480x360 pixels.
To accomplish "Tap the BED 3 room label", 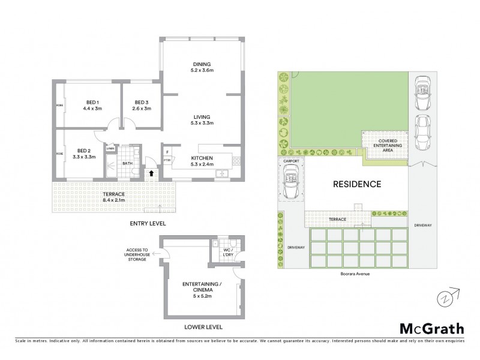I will (x=142, y=102).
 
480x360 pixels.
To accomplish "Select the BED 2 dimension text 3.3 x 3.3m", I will (x=83, y=156).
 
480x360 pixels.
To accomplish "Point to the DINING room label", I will (x=202, y=65).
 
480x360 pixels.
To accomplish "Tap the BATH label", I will (x=127, y=163).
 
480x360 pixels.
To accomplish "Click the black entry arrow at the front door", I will (x=151, y=173).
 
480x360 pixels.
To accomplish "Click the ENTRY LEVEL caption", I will (x=148, y=223).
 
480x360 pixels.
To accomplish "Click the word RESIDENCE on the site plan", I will (x=357, y=184).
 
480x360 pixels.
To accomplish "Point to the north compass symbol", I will (x=443, y=296).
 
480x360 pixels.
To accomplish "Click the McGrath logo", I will (x=431, y=328).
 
